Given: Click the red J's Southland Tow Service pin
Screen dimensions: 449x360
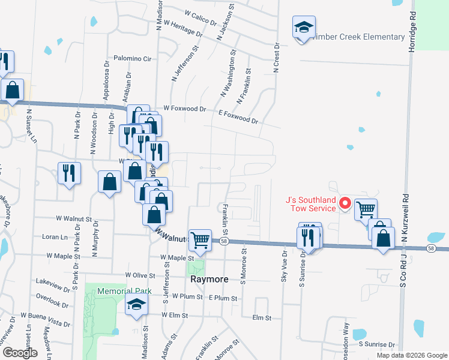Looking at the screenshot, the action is point(345,203).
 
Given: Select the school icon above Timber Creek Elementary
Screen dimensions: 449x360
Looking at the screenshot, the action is point(304,28).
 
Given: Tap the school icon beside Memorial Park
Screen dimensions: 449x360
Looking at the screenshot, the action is point(136,305).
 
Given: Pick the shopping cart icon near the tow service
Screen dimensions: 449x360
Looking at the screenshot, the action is point(366,209).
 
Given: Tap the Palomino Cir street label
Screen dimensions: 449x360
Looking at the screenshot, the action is point(134,59).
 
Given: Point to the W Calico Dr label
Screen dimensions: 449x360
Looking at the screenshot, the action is point(200,17).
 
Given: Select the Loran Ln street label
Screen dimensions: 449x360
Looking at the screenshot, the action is point(55,237).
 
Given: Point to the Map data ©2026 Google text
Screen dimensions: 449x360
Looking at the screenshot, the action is point(411,355).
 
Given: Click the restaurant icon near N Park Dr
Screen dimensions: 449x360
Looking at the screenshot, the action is point(69,173).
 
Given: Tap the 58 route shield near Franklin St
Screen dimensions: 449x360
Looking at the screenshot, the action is point(223,241).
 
